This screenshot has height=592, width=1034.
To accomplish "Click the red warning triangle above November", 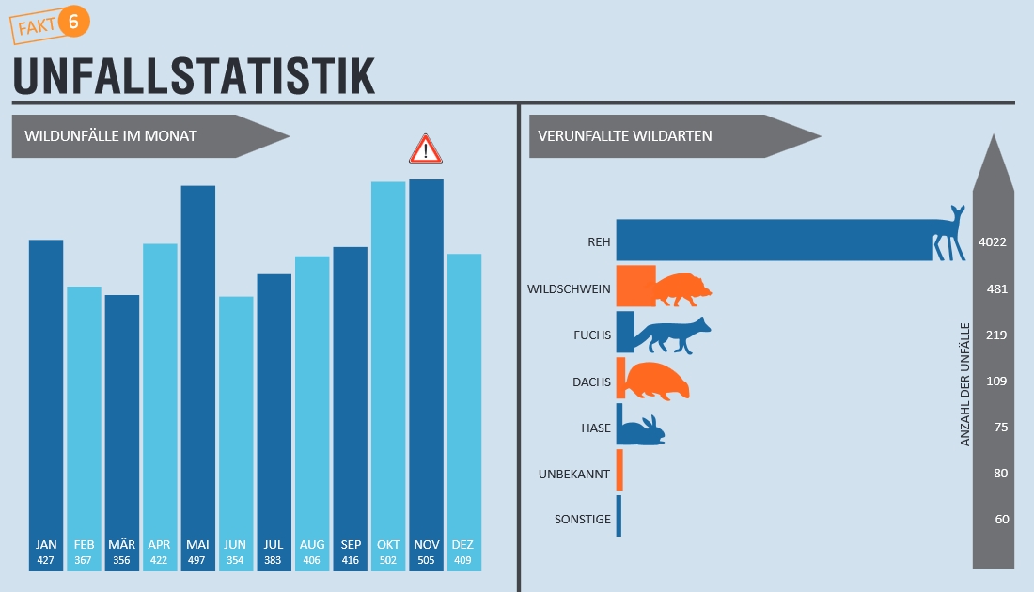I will click(x=425, y=149).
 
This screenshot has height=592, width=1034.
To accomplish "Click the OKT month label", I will click(x=388, y=545).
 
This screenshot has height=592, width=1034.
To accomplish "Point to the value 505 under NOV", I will click(x=426, y=561).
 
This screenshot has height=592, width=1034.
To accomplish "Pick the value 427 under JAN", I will click(x=46, y=561).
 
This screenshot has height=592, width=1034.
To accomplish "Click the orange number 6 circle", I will click(x=73, y=22).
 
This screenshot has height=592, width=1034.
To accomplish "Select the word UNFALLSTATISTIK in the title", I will click(x=194, y=76).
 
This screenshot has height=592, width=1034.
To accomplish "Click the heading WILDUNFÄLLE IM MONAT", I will click(x=111, y=136).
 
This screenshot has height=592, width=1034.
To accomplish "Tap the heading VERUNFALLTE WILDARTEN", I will click(x=625, y=136).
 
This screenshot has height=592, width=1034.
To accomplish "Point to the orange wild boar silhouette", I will click(x=681, y=288).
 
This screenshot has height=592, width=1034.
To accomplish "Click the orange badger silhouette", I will click(x=657, y=381).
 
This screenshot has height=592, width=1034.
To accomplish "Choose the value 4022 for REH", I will click(x=993, y=242).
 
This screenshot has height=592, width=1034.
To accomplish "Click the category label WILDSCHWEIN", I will click(x=570, y=288).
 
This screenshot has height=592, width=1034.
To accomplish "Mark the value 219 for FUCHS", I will click(x=996, y=335).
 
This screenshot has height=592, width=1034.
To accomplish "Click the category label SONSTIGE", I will click(x=582, y=520).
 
